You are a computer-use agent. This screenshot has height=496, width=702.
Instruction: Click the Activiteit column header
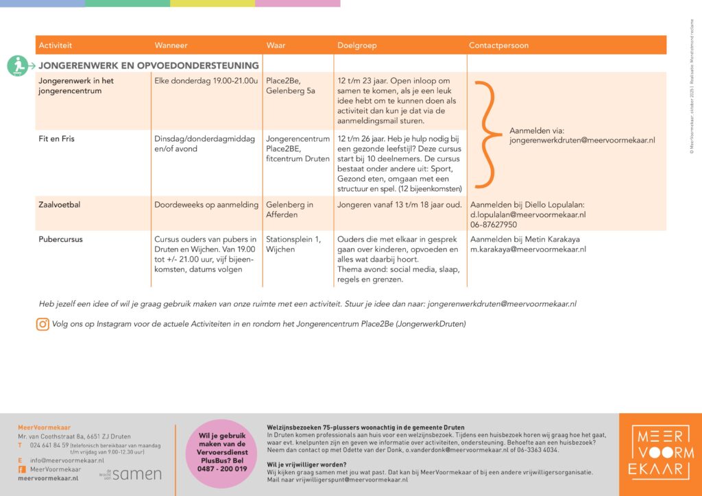click(56, 45)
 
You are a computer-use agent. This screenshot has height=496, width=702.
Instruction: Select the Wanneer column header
click(171, 45)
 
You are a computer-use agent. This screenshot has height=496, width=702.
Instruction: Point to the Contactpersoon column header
click(498, 45)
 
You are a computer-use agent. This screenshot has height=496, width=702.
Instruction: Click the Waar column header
click(276, 45)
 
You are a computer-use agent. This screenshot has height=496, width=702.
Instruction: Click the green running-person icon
click(18, 66)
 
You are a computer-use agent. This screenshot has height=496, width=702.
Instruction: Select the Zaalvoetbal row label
click(60, 205)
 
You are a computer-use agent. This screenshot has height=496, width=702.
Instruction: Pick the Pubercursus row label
click(61, 240)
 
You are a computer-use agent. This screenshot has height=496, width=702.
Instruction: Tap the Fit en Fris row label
click(57, 138)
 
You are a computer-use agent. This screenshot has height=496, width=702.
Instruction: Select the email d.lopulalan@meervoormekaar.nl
click(527, 214)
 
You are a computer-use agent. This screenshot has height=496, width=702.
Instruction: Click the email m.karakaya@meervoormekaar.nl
click(527, 249)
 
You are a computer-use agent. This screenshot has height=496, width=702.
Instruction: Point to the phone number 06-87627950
click(494, 225)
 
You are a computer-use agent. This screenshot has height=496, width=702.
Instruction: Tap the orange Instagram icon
click(43, 324)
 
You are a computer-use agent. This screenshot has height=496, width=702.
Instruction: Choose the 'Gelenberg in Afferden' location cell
click(290, 210)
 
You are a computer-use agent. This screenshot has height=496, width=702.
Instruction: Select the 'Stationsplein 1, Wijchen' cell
click(293, 245)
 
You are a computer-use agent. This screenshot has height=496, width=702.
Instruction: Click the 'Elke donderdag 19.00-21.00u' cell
click(206, 81)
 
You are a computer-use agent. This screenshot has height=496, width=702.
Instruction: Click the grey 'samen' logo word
click(137, 473)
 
